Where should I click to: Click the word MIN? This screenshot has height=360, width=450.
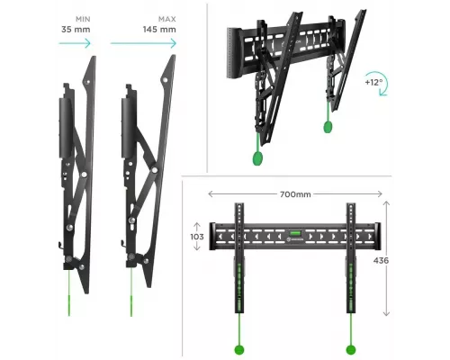83,19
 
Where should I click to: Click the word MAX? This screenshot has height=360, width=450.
167,19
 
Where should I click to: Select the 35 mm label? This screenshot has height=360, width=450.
76,30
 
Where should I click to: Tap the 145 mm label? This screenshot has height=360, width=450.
159,30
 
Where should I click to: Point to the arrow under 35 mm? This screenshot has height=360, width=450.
75,43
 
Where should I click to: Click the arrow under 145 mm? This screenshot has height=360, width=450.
143,43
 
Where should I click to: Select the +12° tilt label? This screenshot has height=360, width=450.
373,82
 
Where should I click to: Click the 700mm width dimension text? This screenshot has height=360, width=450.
295,194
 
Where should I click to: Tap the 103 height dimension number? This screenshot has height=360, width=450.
197,237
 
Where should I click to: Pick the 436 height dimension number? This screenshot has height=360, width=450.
381,261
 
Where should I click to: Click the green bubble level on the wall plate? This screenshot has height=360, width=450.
293,233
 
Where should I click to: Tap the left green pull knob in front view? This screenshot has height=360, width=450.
239,349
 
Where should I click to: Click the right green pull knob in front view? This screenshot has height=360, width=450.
351,349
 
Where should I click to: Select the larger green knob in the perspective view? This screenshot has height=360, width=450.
257,157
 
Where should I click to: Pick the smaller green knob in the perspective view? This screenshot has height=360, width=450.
328,127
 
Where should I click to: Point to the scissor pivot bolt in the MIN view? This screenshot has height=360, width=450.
85,175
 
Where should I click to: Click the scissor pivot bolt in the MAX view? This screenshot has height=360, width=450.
155,170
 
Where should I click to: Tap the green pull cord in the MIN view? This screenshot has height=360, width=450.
69,293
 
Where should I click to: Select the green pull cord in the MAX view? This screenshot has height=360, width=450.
131,292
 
